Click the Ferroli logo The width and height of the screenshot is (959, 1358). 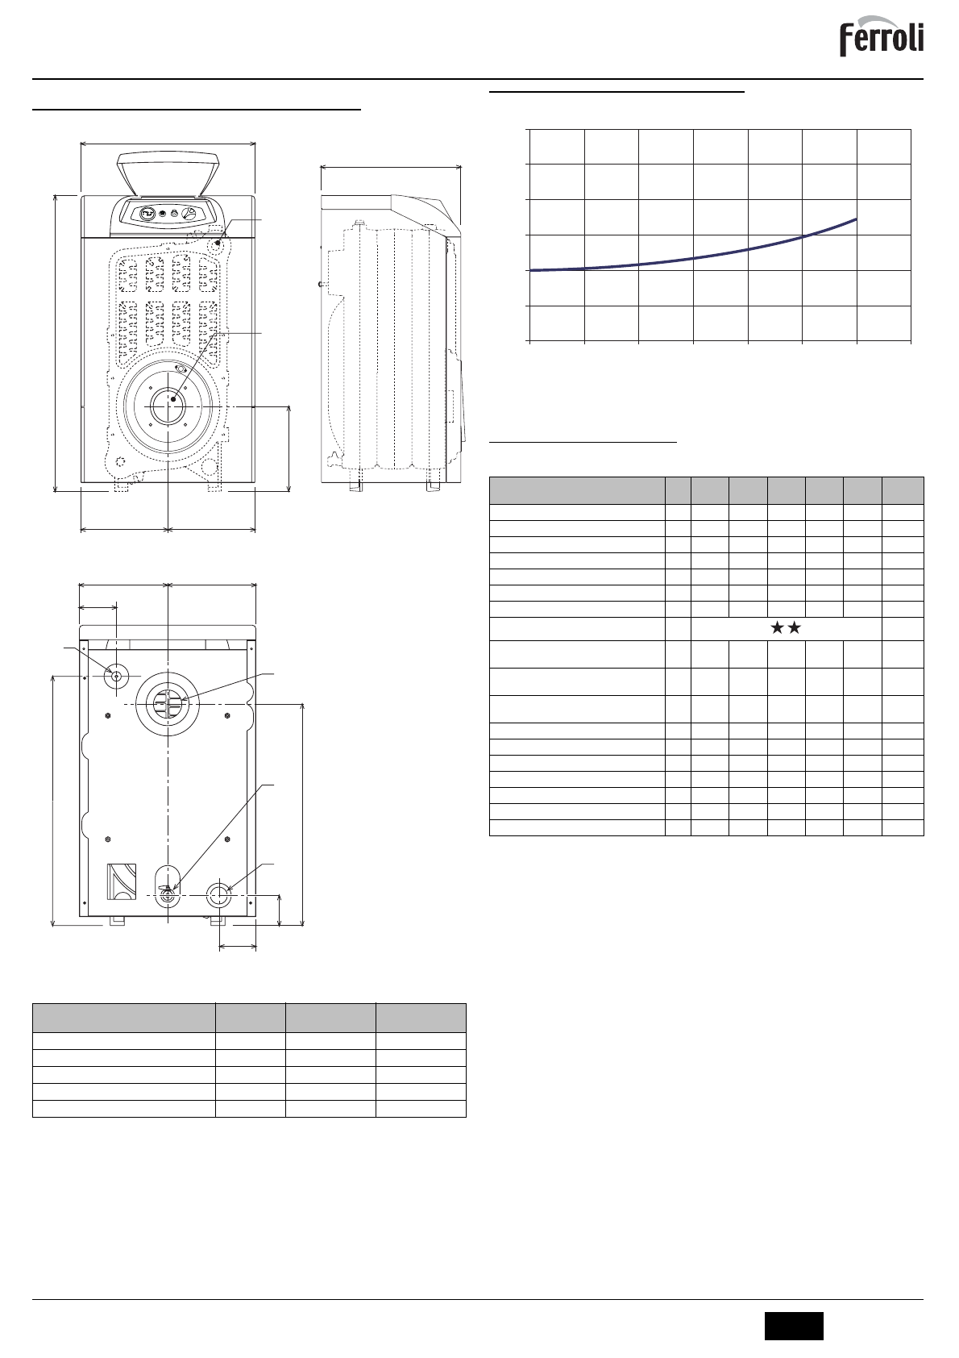(882, 37)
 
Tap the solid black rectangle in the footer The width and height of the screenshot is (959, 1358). (794, 1325)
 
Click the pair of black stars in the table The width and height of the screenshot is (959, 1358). (786, 628)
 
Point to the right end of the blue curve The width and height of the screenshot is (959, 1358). (856, 219)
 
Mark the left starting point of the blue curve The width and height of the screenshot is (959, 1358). (531, 270)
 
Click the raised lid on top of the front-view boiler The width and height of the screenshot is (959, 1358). (168, 175)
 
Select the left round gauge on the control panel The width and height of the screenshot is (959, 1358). (147, 214)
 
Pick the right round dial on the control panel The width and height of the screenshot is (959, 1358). (189, 214)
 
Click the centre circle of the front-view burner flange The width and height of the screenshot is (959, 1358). (168, 406)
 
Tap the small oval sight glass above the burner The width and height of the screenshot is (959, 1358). (181, 368)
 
